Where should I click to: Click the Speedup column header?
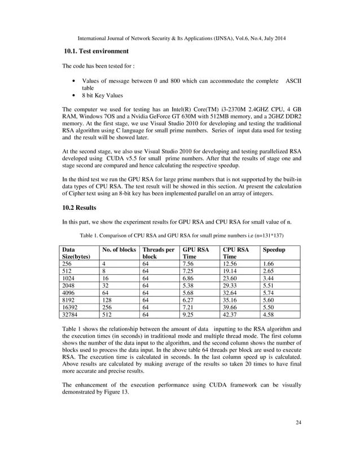click(274, 248)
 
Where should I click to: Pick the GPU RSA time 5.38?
click(189, 283)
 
